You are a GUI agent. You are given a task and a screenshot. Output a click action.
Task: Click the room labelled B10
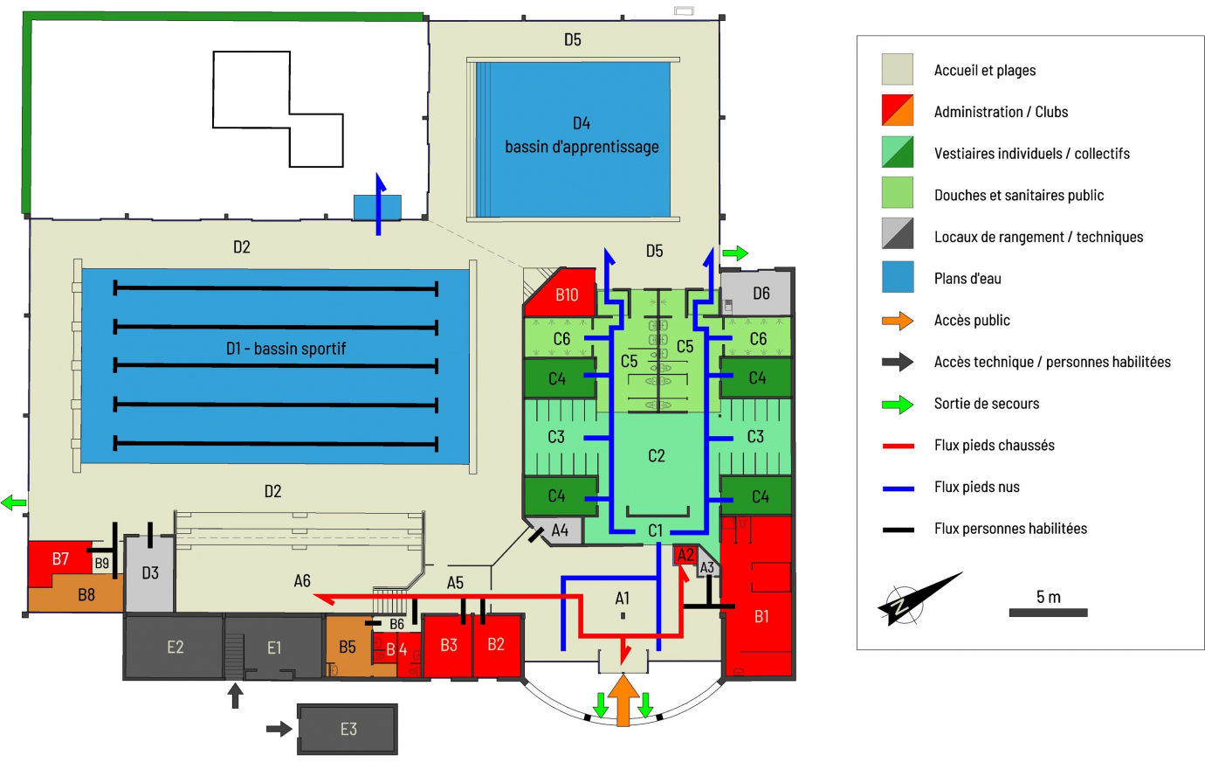(561, 293)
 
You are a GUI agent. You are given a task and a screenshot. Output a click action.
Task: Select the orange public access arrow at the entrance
(623, 700)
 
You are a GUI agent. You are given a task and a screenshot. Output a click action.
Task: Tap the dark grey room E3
(348, 729)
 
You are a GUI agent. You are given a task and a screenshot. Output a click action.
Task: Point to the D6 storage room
(757, 294)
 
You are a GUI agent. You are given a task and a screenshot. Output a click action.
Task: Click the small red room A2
(685, 555)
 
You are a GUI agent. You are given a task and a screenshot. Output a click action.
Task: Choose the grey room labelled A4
(557, 531)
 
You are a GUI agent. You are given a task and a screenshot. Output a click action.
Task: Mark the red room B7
(59, 560)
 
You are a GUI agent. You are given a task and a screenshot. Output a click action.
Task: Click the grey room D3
(149, 573)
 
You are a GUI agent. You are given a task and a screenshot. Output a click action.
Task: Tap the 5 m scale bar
(1048, 613)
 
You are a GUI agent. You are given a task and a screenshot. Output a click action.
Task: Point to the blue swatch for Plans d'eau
(898, 277)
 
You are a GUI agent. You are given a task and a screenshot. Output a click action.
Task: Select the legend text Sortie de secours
(987, 404)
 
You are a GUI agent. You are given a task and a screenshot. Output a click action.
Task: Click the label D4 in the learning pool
(582, 123)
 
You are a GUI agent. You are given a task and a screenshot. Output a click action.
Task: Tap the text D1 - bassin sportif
(286, 349)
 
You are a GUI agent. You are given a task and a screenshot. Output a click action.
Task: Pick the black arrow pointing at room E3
(279, 729)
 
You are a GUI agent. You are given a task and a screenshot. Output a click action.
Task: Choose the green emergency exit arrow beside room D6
(735, 253)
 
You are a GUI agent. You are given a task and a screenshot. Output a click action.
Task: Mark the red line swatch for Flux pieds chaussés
(898, 446)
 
